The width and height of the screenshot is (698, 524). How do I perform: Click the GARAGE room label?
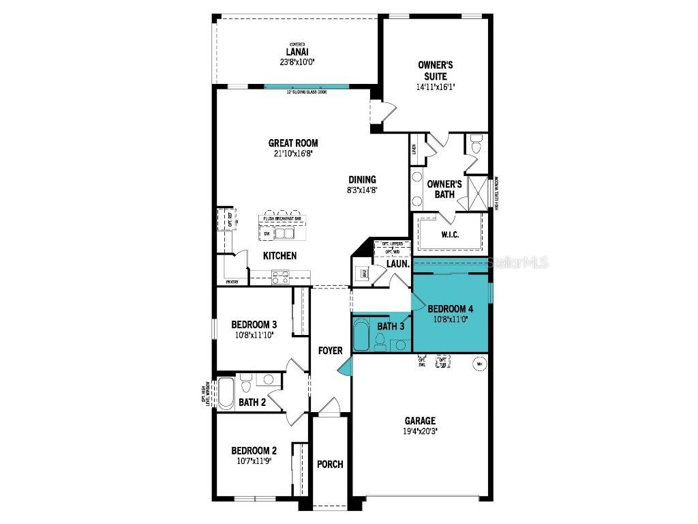(x=419, y=421)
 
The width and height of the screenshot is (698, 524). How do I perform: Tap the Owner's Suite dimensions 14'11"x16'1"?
(x=435, y=87)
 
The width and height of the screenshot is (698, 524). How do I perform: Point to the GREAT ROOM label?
(x=293, y=143)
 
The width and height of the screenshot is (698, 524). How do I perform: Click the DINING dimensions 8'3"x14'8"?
(x=361, y=191)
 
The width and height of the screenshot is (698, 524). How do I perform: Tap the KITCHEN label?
(x=280, y=256)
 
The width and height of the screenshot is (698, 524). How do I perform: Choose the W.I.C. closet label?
(x=450, y=235)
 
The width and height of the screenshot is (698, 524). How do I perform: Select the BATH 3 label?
(x=391, y=327)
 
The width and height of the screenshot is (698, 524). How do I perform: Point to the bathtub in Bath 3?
(x=361, y=334)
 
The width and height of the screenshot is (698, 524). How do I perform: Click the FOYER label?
(x=330, y=351)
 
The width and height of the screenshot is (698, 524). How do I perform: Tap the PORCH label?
(x=330, y=464)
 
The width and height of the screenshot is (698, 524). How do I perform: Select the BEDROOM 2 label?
(x=254, y=450)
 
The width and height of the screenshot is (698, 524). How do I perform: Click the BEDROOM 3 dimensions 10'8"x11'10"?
(x=254, y=335)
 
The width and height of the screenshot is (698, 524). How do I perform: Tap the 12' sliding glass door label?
(x=306, y=91)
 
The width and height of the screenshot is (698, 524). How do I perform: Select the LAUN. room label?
(x=397, y=263)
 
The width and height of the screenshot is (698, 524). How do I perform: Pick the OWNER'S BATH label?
(x=444, y=189)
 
